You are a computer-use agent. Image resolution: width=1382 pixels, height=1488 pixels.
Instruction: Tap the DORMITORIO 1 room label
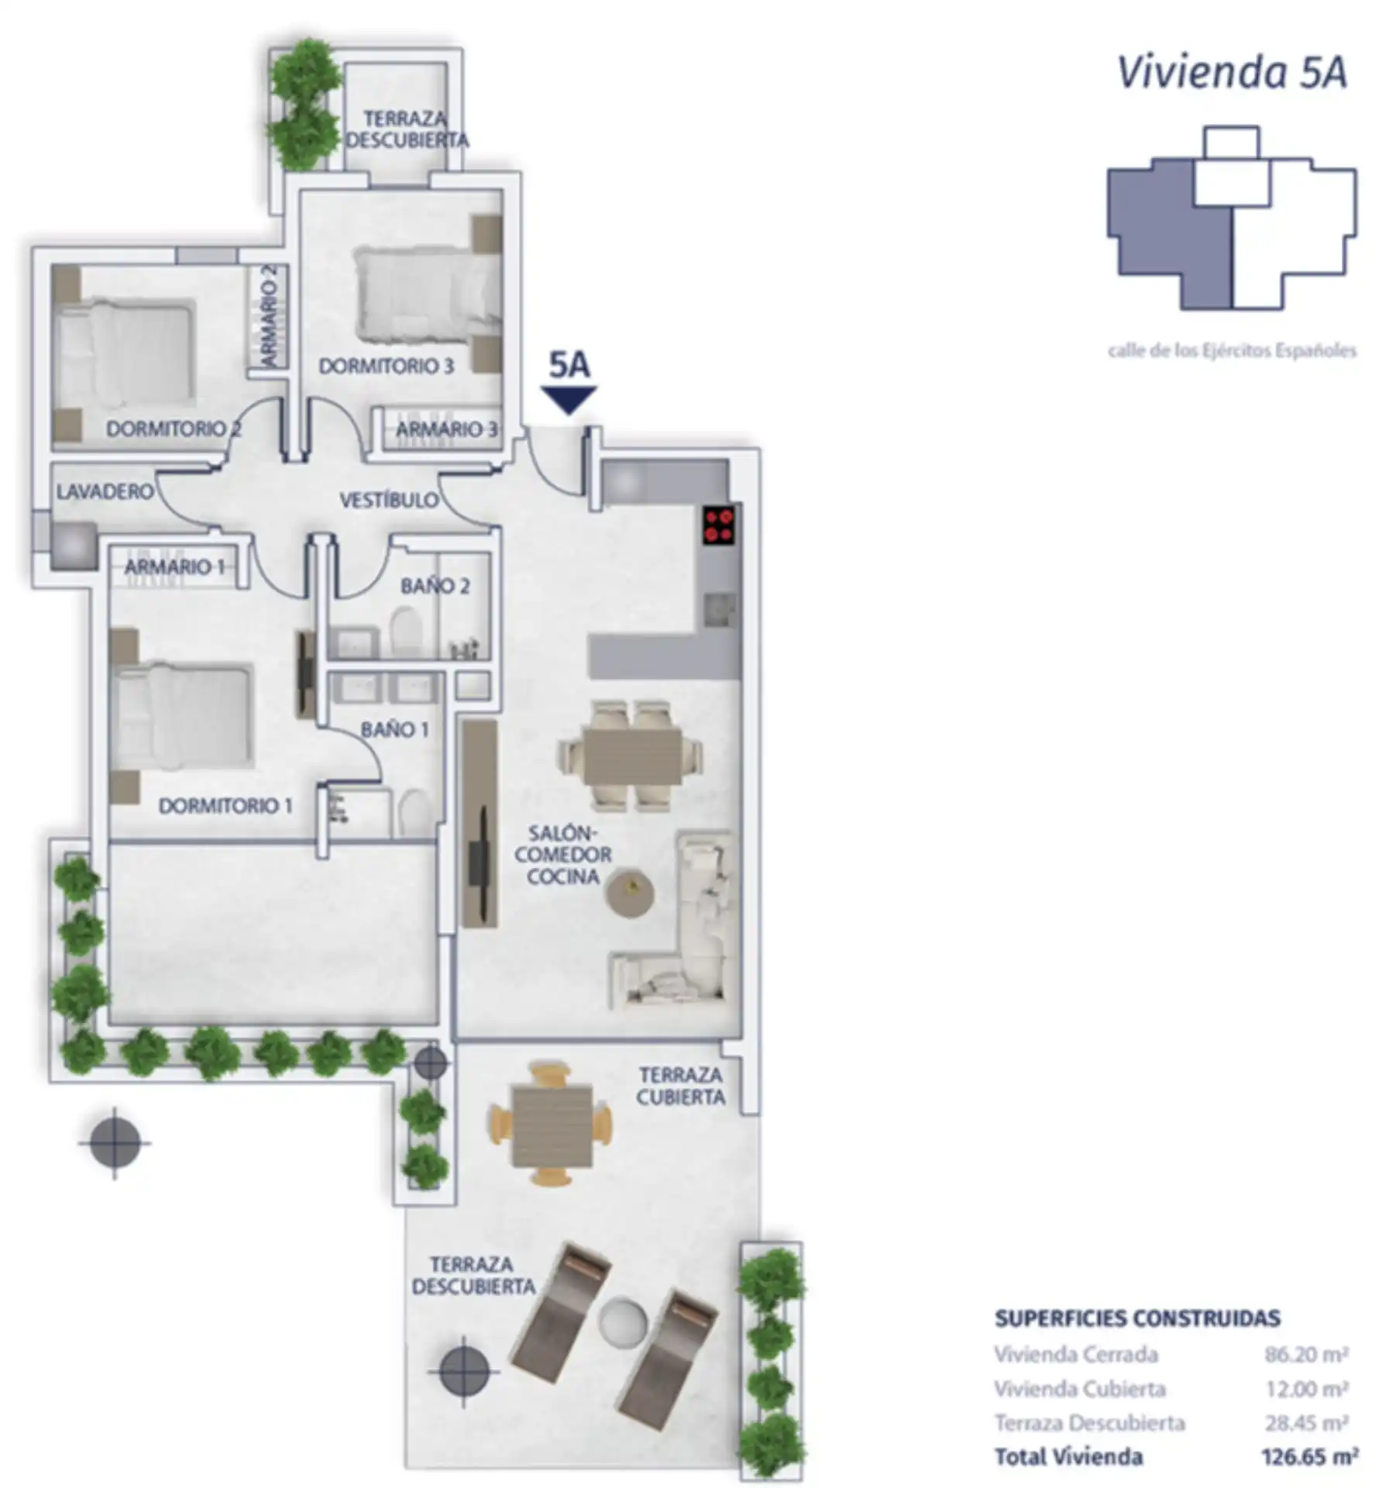tap(225, 806)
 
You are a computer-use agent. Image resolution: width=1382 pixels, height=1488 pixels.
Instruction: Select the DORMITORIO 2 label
tap(174, 429)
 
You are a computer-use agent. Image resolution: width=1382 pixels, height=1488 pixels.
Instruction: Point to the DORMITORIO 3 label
tap(387, 366)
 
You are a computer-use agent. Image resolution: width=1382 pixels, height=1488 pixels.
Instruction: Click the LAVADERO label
tap(105, 491)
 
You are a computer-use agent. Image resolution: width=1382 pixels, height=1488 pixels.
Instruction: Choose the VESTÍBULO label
tap(389, 500)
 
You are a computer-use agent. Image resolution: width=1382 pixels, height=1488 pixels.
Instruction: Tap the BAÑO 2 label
tap(435, 586)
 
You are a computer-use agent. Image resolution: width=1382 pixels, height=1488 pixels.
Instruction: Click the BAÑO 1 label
tap(394, 729)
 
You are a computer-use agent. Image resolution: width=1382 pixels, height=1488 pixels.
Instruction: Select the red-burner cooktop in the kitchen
tap(718, 525)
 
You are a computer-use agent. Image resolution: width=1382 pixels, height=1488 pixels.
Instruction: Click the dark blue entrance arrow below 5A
tap(569, 400)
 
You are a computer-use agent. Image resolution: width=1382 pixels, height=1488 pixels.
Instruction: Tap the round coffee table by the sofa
tap(630, 894)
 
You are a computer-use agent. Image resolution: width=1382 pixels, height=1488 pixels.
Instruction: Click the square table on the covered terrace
tap(552, 1125)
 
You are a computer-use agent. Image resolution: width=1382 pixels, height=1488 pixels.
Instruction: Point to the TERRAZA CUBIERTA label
tap(680, 1086)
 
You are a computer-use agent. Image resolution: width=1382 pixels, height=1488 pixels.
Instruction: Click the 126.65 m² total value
tap(1309, 1457)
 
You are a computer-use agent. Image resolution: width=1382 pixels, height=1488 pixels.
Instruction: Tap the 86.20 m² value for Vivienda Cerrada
tap(1308, 1354)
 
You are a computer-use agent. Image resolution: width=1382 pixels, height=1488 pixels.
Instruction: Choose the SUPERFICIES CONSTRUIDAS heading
tap(1138, 1318)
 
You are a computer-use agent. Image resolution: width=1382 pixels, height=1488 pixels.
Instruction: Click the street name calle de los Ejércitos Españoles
tap(1232, 351)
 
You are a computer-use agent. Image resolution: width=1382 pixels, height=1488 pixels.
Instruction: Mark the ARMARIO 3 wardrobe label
tap(446, 429)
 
